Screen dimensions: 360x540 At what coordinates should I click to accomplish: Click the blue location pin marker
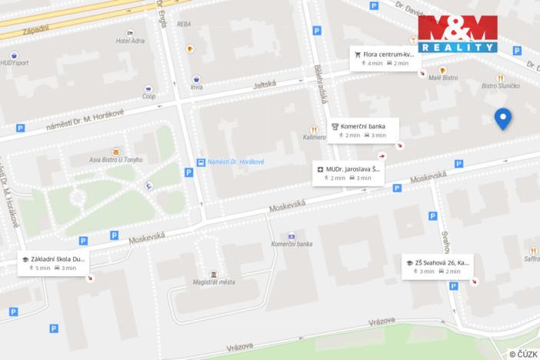click(x=502, y=119)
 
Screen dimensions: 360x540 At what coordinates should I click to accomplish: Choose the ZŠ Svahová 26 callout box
click(x=438, y=266)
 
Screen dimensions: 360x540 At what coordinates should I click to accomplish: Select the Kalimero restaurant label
click(x=314, y=138)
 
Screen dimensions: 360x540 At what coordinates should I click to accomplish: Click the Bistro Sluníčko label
click(x=501, y=86)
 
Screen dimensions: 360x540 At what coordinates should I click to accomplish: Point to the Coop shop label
click(x=149, y=96)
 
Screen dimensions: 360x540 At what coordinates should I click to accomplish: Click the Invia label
click(x=197, y=87)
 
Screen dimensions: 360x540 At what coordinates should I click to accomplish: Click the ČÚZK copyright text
click(x=523, y=353)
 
